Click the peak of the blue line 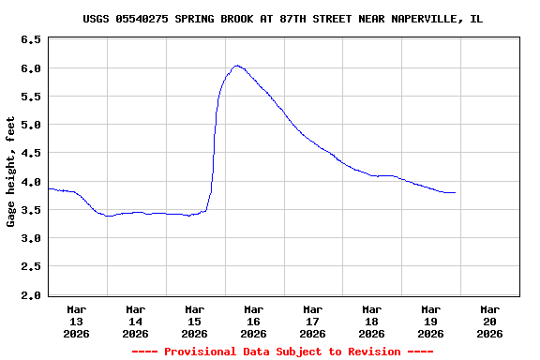point(237,66)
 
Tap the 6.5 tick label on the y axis point(30,40)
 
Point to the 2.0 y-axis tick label point(30,295)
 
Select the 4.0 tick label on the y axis point(30,182)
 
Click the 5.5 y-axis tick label point(30,97)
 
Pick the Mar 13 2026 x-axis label point(77,321)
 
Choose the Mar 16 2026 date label point(253,321)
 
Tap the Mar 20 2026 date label point(489,321)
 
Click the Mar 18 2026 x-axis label point(371,321)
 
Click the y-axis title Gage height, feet point(11,171)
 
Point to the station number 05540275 point(142,19)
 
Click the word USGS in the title point(96,19)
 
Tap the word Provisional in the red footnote point(202,352)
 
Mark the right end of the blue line point(456,192)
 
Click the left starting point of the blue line point(48,188)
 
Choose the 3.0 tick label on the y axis point(30,238)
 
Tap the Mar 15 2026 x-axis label point(194,321)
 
